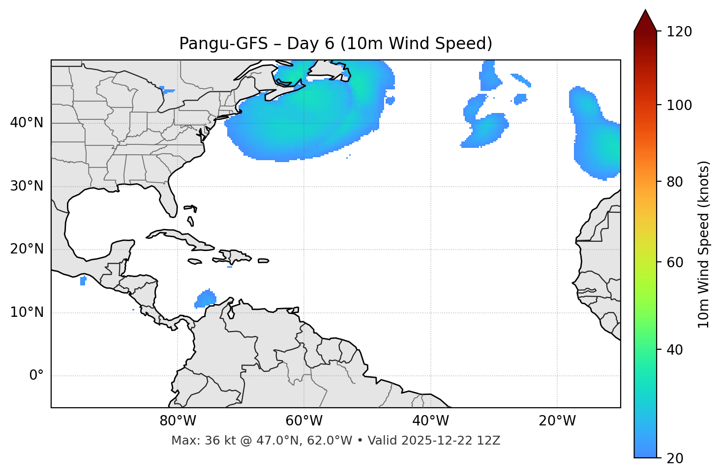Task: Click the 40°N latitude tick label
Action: click(27, 123)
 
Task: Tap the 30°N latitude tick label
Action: click(27, 186)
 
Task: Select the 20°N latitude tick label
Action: click(27, 249)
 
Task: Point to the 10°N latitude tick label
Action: click(27, 312)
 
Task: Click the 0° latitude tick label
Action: click(36, 376)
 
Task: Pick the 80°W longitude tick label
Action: click(178, 421)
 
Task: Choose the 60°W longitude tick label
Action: click(304, 421)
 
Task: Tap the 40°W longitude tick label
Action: click(430, 421)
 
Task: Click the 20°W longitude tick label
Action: click(557, 421)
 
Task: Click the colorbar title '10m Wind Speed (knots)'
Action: click(704, 244)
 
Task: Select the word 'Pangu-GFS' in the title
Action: click(223, 44)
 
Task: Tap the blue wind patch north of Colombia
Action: click(206, 298)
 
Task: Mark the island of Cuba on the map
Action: click(177, 236)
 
